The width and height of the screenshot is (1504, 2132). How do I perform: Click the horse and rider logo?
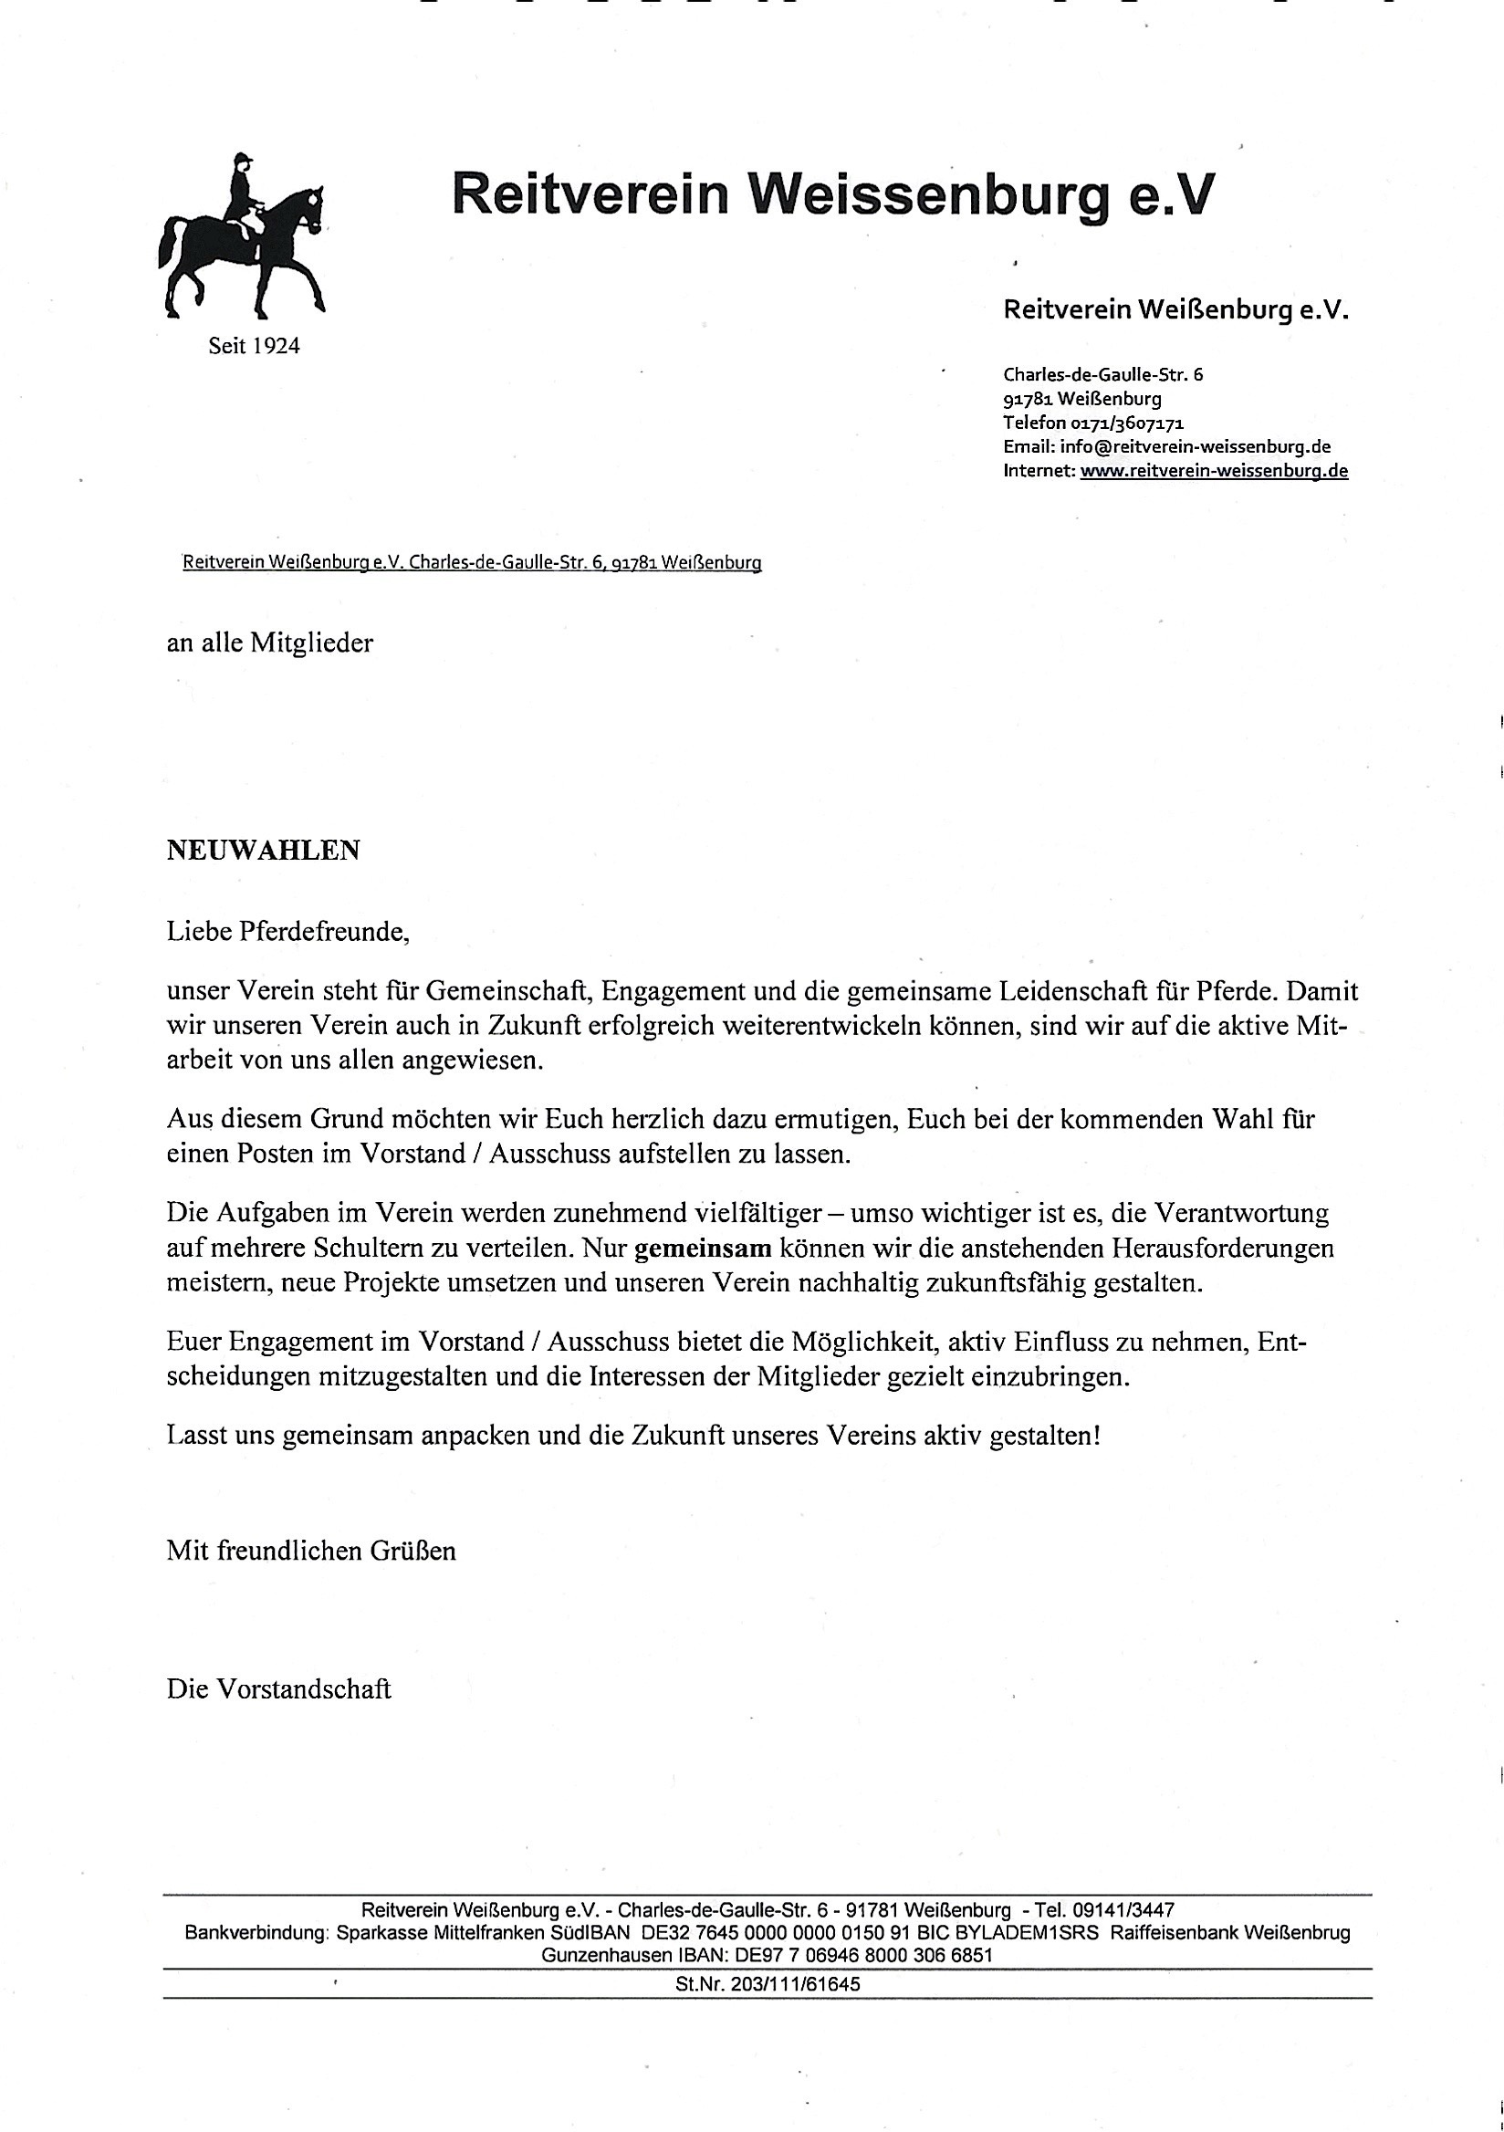click(244, 237)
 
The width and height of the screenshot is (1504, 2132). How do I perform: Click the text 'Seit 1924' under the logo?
click(254, 346)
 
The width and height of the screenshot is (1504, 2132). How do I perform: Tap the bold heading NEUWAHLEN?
click(263, 851)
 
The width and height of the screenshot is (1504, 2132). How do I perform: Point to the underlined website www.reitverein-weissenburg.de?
click(1214, 471)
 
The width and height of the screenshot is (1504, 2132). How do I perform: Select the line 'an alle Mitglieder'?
click(269, 643)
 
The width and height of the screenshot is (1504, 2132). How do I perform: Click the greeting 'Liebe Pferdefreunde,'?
click(287, 931)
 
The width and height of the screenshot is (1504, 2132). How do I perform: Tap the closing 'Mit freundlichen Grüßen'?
click(311, 1551)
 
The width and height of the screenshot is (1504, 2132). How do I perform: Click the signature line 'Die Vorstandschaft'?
click(278, 1689)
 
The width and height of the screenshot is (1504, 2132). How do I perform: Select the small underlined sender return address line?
click(472, 563)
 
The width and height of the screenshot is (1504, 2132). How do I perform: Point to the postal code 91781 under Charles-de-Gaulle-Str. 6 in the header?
click(1027, 399)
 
